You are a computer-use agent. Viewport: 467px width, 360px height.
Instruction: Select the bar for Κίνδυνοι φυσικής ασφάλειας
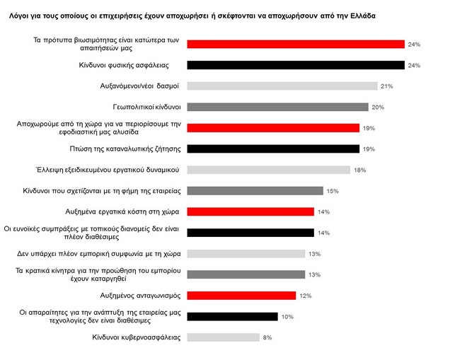tap(295, 65)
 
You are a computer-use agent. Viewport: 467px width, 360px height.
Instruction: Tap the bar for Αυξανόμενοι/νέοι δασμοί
tap(282, 86)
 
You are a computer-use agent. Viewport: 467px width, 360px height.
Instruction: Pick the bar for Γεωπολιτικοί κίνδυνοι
tap(277, 107)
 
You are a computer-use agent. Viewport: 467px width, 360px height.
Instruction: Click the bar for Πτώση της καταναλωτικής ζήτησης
tap(273, 149)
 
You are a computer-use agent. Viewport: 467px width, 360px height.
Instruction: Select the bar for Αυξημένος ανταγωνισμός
tap(241, 295)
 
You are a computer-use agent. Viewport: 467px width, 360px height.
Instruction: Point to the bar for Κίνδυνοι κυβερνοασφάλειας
tap(222, 337)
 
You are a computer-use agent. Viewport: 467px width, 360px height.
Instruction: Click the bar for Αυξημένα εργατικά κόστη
tap(250, 211)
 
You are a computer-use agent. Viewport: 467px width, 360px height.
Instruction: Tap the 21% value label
tap(386, 86)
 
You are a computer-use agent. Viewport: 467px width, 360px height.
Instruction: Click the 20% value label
tap(378, 108)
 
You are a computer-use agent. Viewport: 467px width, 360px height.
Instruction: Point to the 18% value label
tap(359, 170)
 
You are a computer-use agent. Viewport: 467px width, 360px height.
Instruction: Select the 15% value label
tap(333, 191)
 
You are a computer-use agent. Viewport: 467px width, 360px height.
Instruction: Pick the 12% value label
tap(306, 296)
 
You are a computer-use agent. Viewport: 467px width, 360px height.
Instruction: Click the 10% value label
tap(287, 317)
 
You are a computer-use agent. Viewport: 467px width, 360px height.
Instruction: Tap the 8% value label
tap(267, 337)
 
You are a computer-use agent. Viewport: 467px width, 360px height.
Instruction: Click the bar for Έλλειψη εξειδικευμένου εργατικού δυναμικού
tap(268, 170)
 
